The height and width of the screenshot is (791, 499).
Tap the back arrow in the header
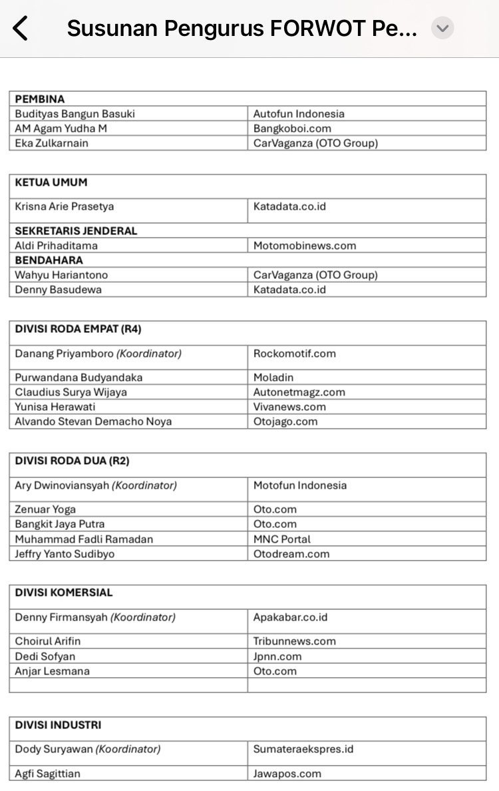click(x=21, y=29)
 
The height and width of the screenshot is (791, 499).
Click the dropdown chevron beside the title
click(x=442, y=29)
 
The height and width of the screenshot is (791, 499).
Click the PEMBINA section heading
click(x=40, y=99)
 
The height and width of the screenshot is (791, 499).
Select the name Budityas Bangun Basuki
click(x=75, y=114)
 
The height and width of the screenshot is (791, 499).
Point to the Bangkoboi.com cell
click(x=292, y=129)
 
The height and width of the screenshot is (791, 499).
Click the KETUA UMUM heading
click(x=51, y=182)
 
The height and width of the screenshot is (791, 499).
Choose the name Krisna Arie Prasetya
click(x=65, y=206)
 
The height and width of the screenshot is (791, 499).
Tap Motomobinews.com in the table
click(x=305, y=246)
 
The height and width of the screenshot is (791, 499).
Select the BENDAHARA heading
click(x=49, y=260)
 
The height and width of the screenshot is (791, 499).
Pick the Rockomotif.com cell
click(x=295, y=354)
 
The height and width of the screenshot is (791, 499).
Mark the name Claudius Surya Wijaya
click(x=71, y=392)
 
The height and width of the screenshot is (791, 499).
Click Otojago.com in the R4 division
click(x=285, y=421)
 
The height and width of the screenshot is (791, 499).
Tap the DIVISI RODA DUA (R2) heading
click(x=72, y=461)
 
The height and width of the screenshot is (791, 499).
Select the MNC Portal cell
click(x=282, y=539)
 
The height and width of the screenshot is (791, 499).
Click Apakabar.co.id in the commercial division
click(x=291, y=617)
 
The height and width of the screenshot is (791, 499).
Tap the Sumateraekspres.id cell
click(x=303, y=749)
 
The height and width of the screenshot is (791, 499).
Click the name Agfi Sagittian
click(x=48, y=774)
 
